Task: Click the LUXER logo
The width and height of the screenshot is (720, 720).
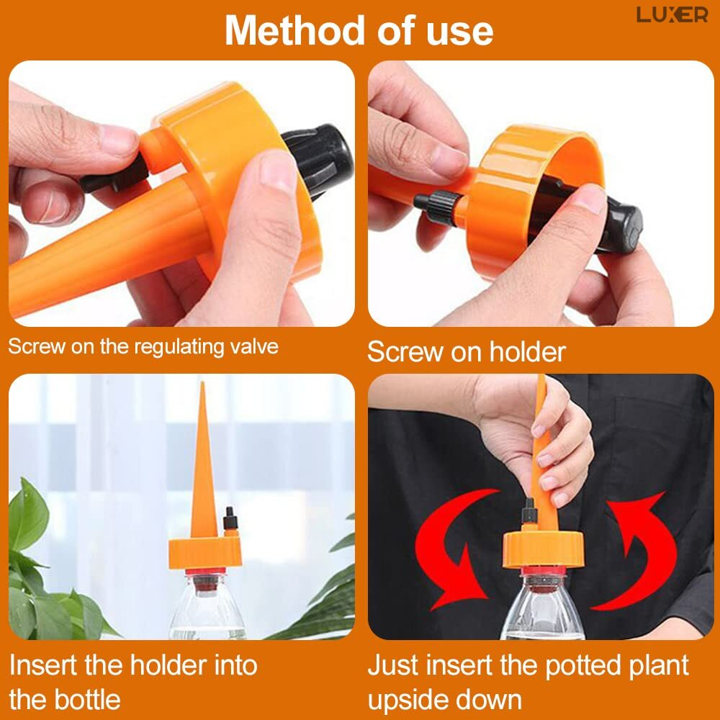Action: click(x=672, y=15)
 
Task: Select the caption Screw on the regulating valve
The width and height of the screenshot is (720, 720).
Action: click(x=143, y=346)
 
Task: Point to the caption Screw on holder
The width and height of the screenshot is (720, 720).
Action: click(x=466, y=352)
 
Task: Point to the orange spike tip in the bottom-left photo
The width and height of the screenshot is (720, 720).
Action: click(x=202, y=384)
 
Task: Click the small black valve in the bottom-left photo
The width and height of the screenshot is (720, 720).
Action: click(x=230, y=519)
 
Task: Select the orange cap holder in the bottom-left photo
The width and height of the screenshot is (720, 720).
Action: click(x=205, y=552)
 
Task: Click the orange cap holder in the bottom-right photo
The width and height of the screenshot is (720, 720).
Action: click(x=543, y=548)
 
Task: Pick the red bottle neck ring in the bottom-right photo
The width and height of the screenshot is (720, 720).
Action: click(x=544, y=572)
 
